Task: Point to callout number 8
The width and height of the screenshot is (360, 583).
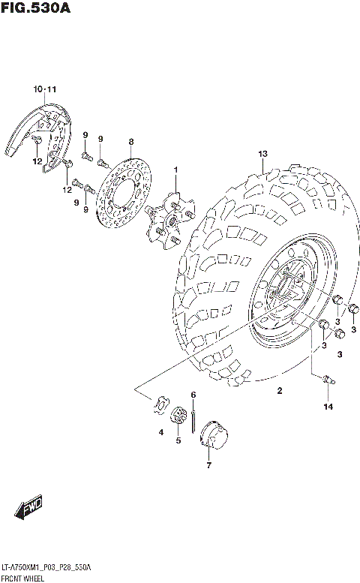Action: point(130,142)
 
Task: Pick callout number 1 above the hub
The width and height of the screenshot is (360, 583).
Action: point(176,170)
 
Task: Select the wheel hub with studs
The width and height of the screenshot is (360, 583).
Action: point(169,218)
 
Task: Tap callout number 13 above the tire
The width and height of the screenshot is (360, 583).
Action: point(262,155)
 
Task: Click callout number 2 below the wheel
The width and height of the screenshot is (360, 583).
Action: point(278,390)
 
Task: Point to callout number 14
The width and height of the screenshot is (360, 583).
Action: point(327,407)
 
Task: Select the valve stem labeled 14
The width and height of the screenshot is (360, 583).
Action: point(327,380)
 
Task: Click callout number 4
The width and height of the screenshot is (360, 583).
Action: point(160,432)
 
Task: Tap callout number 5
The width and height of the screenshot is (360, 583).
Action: point(178,440)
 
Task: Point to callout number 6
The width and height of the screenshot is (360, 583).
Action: point(193,395)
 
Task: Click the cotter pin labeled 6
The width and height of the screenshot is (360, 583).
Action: point(193,416)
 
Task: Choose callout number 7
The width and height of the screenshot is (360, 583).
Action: point(208,465)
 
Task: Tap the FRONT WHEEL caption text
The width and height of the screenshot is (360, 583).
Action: point(24,578)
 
